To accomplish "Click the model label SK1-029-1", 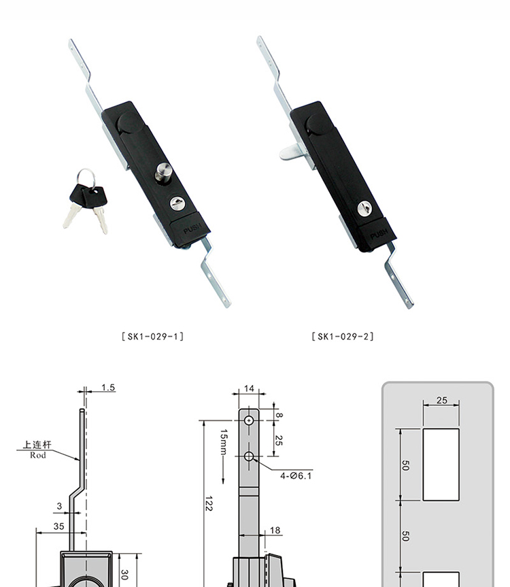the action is [x=153, y=336].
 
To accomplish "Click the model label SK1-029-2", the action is [x=342, y=336].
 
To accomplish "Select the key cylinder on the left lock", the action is [x=177, y=203].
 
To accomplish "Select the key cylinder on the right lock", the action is [x=364, y=209].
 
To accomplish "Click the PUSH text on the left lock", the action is [x=192, y=228].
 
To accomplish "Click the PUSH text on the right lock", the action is [x=379, y=234].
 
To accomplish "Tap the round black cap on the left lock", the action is [x=129, y=122].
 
